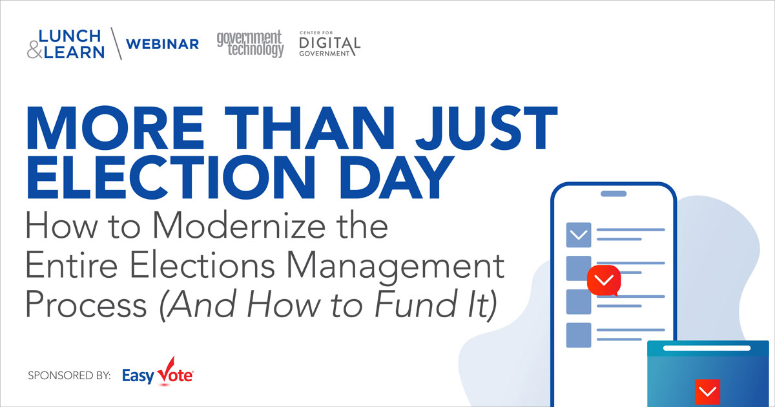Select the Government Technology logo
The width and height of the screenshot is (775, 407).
tap(250, 43)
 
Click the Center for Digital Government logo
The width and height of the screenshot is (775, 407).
tap(329, 44)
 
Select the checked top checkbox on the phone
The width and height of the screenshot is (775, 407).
tap(579, 235)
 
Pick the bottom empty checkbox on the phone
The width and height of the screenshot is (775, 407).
tap(579, 335)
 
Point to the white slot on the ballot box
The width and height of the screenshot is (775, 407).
tap(708, 348)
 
